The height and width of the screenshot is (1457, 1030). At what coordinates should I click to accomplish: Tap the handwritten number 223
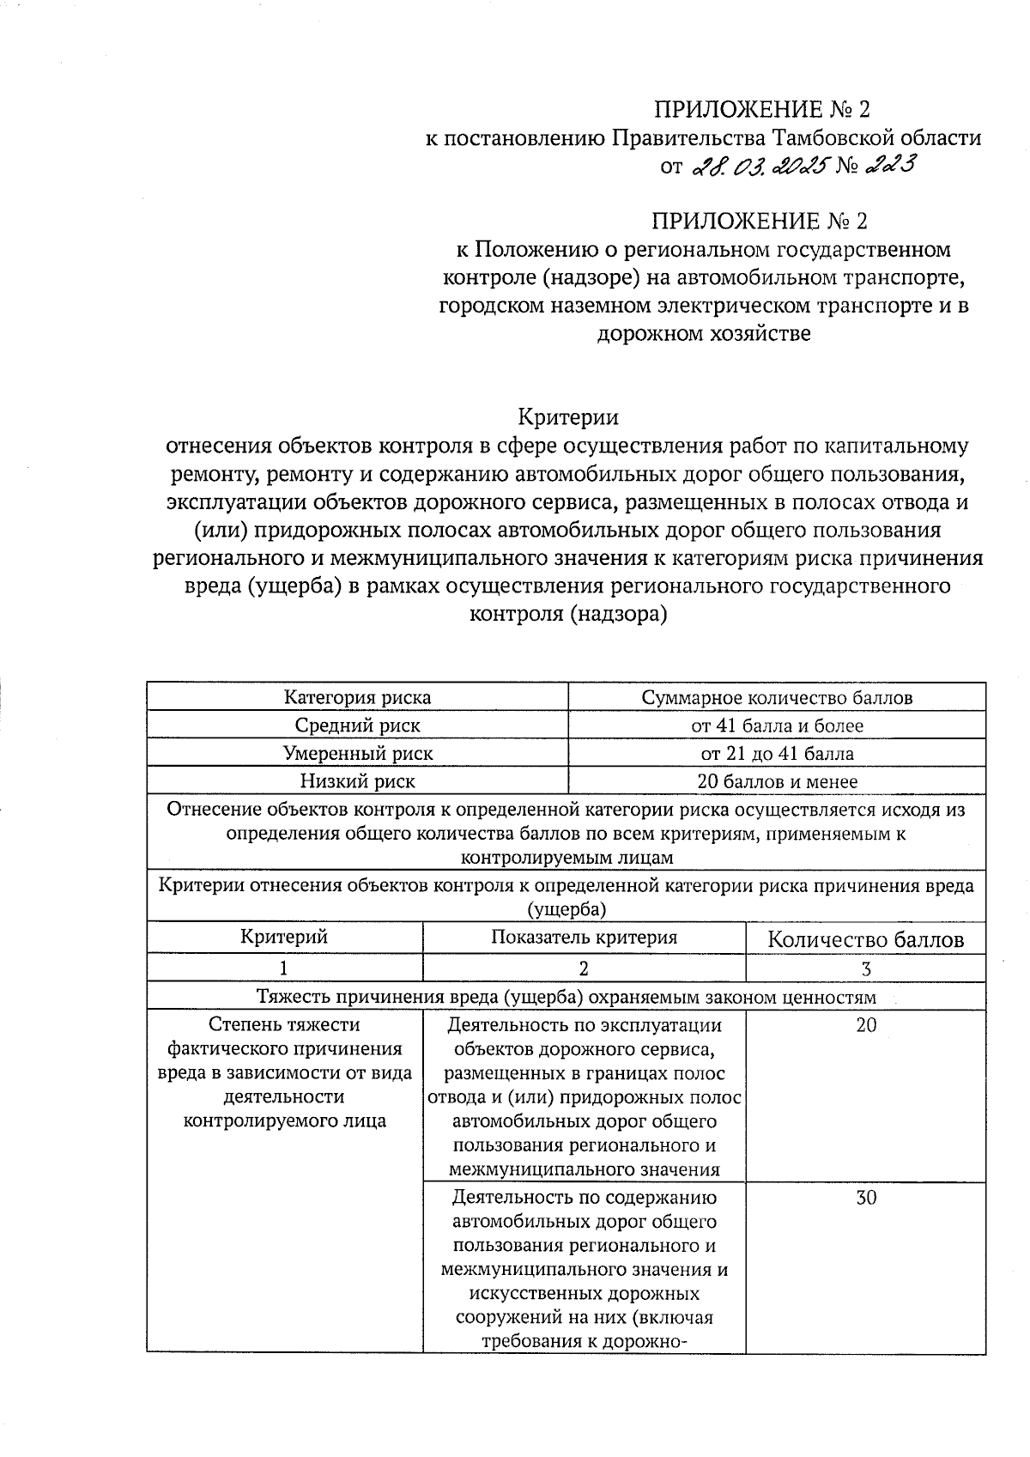886,165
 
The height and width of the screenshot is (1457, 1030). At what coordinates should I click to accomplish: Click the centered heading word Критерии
567,417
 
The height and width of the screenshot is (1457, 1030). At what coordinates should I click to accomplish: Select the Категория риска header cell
357,697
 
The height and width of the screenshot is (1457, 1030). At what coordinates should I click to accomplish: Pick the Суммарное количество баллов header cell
777,697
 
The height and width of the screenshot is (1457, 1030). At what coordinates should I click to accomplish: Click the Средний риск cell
357,725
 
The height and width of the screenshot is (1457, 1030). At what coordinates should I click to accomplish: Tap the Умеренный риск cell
357,754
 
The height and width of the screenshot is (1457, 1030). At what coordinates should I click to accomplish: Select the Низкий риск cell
357,781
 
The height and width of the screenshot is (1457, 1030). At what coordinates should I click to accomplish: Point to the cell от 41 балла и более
777,725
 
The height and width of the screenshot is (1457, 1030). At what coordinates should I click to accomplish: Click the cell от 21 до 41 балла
777,754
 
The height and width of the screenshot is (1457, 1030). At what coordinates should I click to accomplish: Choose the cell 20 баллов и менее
777,781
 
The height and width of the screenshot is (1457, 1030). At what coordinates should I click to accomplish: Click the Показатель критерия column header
584,938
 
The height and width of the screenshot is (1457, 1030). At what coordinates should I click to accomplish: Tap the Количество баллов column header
865,939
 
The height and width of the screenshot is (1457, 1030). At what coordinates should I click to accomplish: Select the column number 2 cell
584,968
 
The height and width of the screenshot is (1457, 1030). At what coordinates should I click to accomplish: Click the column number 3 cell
865,968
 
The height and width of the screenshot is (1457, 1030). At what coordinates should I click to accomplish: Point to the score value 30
865,1198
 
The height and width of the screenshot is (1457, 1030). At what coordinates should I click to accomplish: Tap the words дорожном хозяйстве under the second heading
703,333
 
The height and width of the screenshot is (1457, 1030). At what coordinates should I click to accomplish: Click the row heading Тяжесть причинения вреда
566,997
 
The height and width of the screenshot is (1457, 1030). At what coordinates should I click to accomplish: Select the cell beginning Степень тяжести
284,1072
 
